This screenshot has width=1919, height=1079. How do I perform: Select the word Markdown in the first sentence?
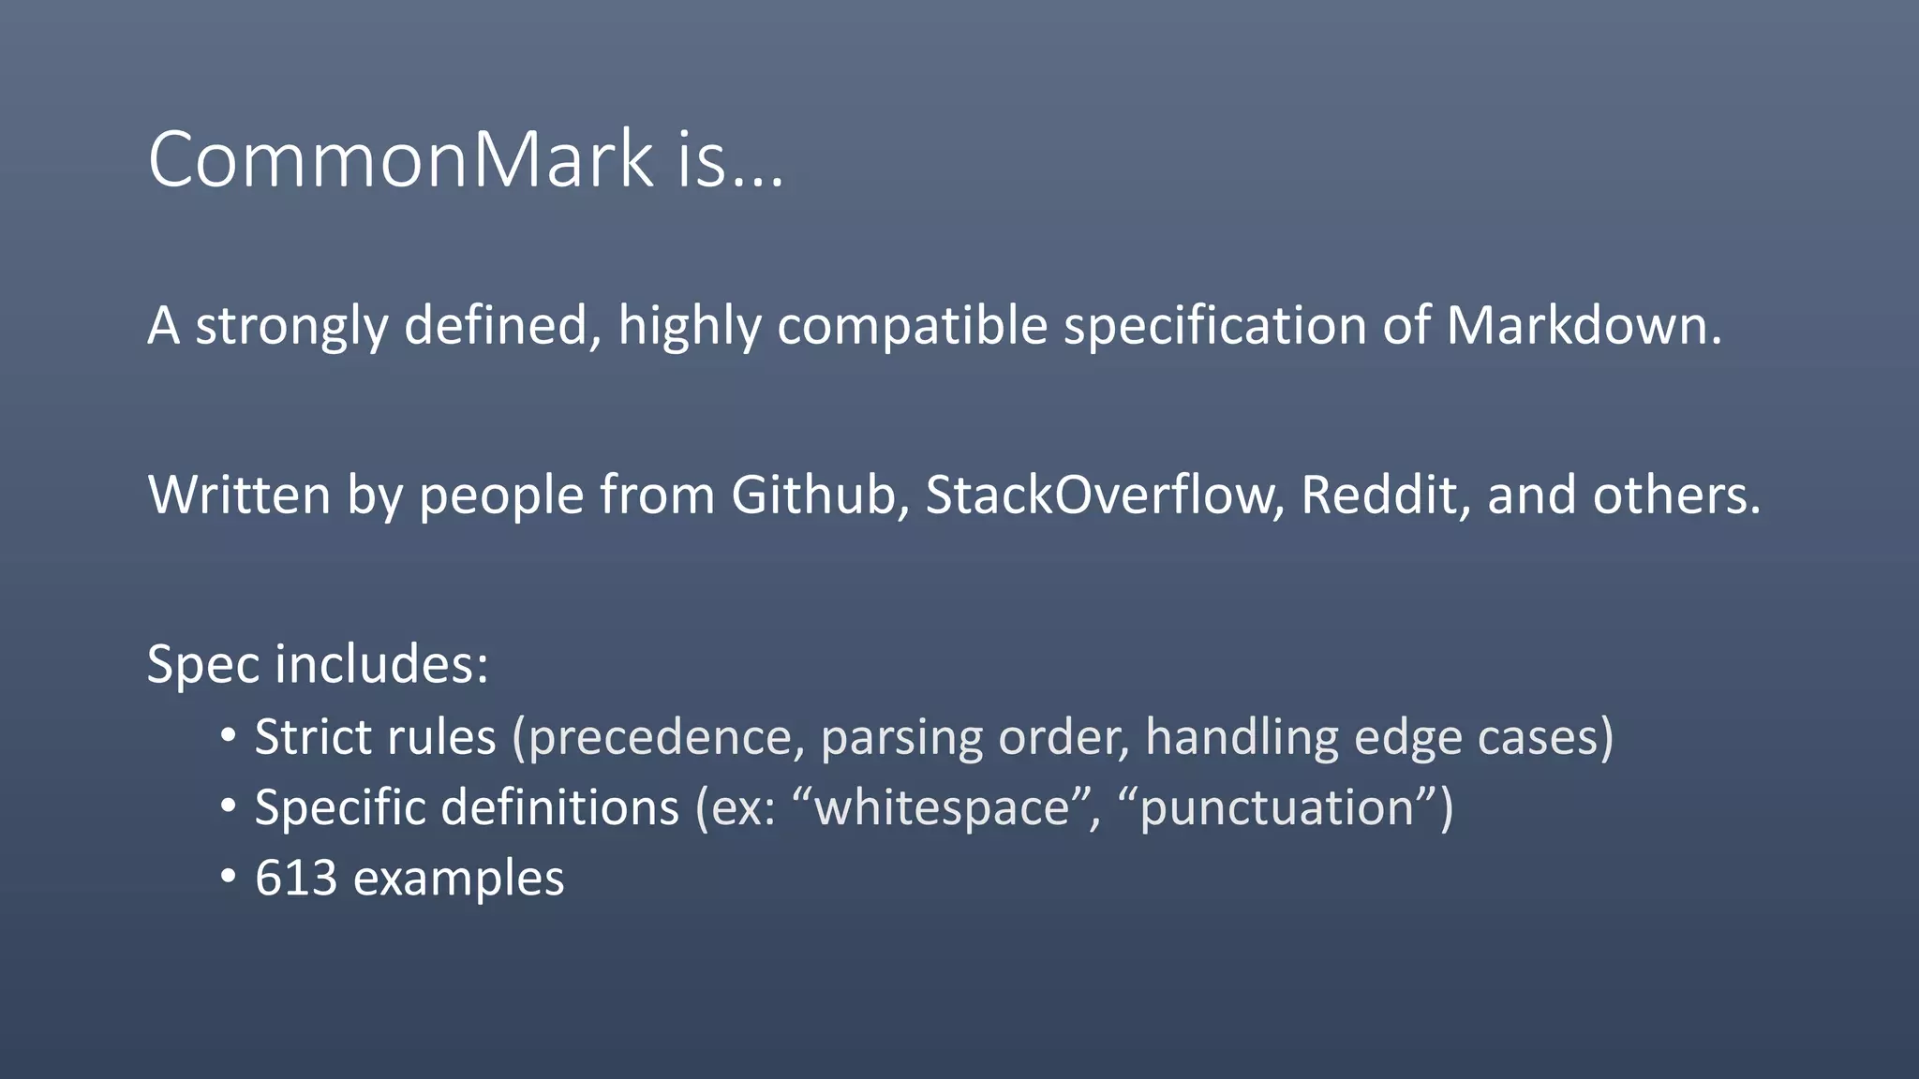coord(1583,326)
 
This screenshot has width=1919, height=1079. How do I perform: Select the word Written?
coord(239,495)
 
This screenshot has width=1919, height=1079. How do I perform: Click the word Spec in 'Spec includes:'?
coord(202,665)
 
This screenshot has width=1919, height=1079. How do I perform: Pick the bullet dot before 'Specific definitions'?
coord(228,806)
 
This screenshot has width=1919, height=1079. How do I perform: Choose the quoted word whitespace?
coord(942,808)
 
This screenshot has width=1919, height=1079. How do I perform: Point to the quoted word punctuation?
coord(1276,808)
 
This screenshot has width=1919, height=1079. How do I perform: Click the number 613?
coord(296,879)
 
